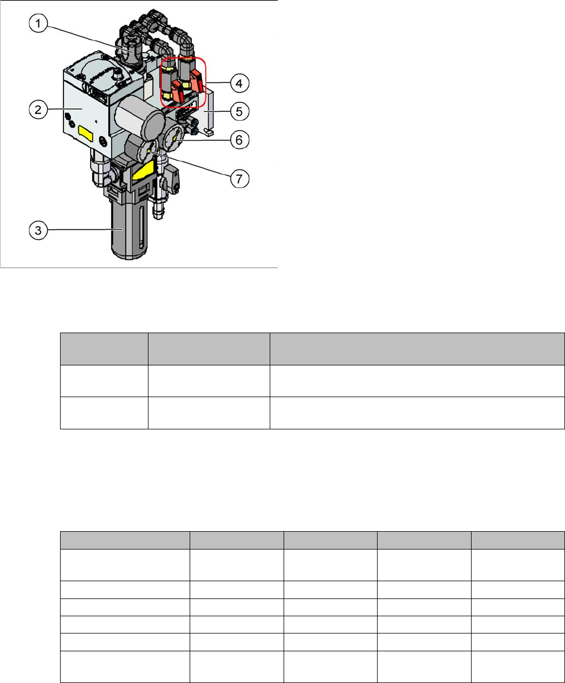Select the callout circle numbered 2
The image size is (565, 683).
click(x=37, y=110)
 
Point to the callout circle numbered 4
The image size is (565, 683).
click(x=239, y=85)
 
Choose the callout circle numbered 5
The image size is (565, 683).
click(x=239, y=111)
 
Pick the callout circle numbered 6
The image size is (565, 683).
click(x=239, y=140)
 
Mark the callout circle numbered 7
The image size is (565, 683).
click(x=239, y=179)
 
